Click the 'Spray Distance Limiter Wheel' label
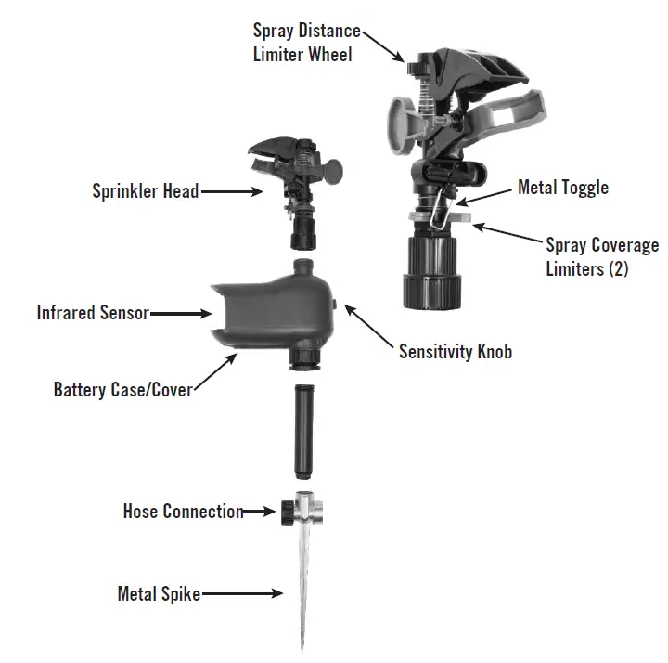(x=306, y=43)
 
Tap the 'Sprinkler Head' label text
(x=145, y=191)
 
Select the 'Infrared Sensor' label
(x=93, y=312)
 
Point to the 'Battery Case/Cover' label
(x=122, y=388)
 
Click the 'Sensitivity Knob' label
(x=455, y=351)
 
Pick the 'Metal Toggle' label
(x=562, y=188)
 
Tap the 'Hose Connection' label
(x=183, y=512)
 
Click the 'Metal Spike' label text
(x=159, y=593)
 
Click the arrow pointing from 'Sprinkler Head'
(x=231, y=192)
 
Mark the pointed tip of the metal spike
(x=302, y=644)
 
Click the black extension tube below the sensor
(x=302, y=426)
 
